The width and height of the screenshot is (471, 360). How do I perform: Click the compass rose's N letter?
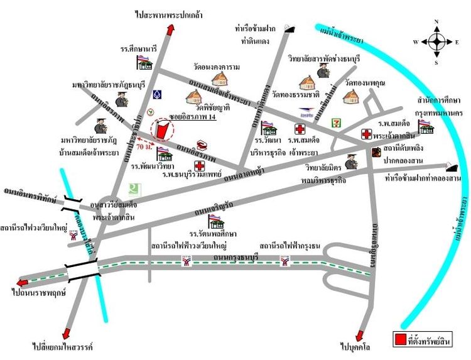click(x=436, y=23)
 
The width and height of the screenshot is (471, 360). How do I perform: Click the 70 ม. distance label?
click(x=144, y=146)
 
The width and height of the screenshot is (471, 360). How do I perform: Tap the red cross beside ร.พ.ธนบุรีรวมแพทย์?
click(x=200, y=166)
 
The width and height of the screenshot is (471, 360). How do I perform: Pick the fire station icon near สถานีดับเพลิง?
click(x=376, y=151)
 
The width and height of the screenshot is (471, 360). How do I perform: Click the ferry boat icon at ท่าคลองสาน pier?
click(x=451, y=166)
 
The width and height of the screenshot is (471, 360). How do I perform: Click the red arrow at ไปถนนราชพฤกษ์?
click(x=23, y=282)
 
